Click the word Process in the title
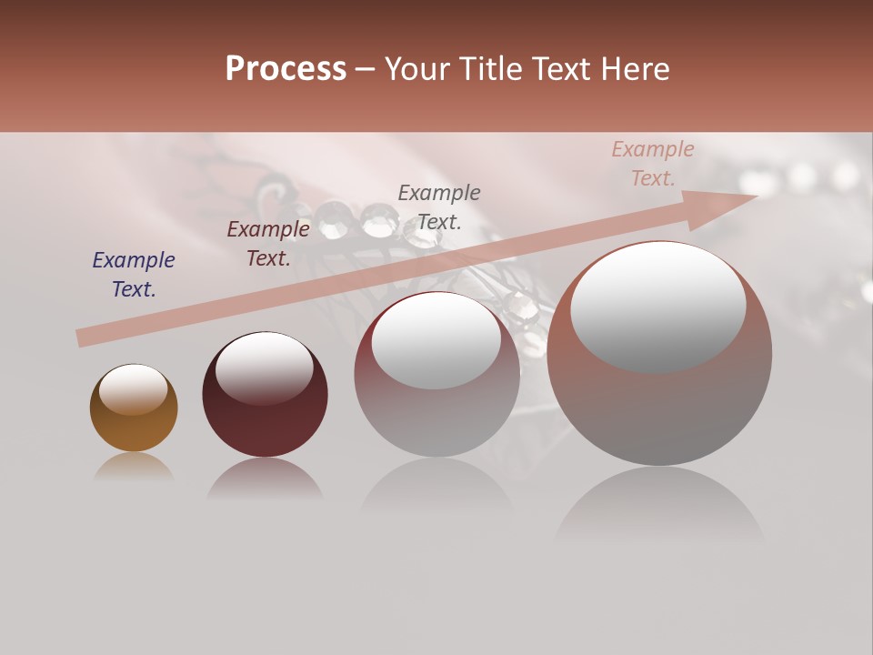coord(286,69)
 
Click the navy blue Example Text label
coord(133,275)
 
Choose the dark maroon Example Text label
coord(268,244)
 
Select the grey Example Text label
coord(439,207)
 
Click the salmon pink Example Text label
coord(653,164)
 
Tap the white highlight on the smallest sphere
coord(133,389)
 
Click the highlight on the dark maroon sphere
coord(264,367)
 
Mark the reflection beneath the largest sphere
coord(659,505)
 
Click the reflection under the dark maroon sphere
coord(265,479)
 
